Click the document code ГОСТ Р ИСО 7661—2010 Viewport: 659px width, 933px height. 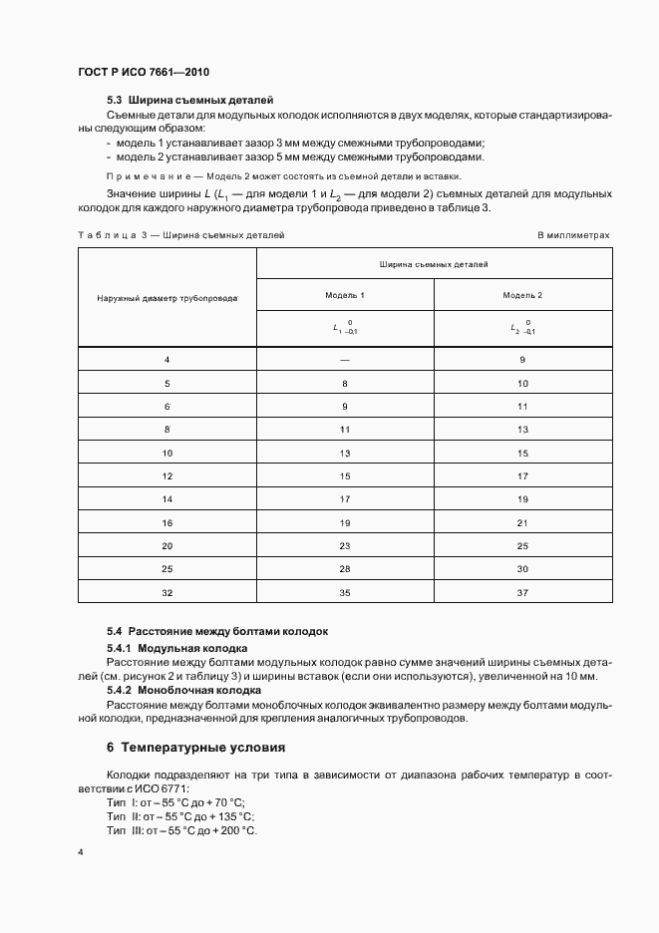coord(143,73)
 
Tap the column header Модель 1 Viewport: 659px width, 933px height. coord(345,296)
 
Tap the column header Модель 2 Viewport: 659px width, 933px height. coord(522,296)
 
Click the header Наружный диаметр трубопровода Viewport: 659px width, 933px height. coord(167,298)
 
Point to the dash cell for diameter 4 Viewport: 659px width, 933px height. coord(345,359)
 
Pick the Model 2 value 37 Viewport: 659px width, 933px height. coord(522,592)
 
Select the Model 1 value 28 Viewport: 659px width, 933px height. coord(345,568)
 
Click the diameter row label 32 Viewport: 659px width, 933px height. coord(167,592)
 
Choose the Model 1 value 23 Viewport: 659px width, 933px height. coord(345,545)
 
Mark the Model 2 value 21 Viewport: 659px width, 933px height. coord(522,522)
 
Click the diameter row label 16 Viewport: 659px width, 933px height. coord(167,522)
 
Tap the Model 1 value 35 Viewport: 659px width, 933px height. coord(345,592)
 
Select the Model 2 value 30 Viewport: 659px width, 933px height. coord(522,568)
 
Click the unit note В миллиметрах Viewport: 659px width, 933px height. coord(572,235)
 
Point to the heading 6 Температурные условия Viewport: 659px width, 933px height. coord(195,747)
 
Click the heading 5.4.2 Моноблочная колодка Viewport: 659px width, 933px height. coord(183,690)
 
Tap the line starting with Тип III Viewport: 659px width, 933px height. coord(180,830)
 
